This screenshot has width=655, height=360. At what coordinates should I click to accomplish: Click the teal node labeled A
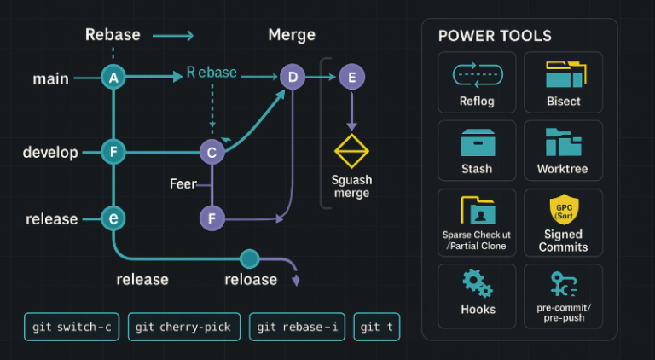[113, 78]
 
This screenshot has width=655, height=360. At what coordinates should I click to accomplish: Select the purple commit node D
[293, 78]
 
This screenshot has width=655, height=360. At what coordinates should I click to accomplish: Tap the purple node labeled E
[351, 78]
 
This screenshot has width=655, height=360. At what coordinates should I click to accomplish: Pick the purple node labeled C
[212, 153]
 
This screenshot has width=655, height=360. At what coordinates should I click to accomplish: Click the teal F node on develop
[113, 153]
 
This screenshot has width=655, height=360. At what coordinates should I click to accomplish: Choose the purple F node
[212, 218]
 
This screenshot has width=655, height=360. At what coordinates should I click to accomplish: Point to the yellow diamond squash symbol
[351, 151]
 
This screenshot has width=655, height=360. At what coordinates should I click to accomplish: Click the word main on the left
[50, 78]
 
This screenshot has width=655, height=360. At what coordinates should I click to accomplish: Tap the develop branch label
[50, 153]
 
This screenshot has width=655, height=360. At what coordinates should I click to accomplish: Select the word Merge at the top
[292, 35]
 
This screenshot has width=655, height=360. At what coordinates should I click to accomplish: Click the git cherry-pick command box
[184, 327]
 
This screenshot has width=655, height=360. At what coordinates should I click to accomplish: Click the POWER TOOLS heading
[495, 36]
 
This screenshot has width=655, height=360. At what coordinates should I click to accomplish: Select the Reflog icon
[477, 76]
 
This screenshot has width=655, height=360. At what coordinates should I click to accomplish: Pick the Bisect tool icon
[563, 76]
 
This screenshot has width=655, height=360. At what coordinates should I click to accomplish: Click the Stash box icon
[477, 142]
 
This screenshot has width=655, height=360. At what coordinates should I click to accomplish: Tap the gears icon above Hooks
[477, 282]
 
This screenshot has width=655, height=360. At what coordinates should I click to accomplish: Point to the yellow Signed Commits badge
[563, 210]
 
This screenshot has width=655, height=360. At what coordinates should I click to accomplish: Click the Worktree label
[563, 169]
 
